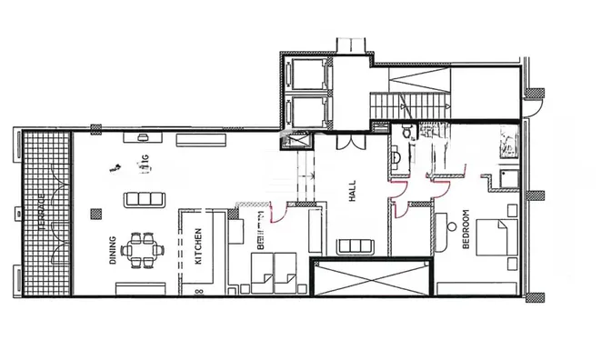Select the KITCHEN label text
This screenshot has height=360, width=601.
(x=198, y=245)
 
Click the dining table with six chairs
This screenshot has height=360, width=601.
(x=144, y=250)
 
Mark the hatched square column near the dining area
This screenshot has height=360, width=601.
(x=95, y=215)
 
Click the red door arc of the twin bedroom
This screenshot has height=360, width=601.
(x=279, y=215)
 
